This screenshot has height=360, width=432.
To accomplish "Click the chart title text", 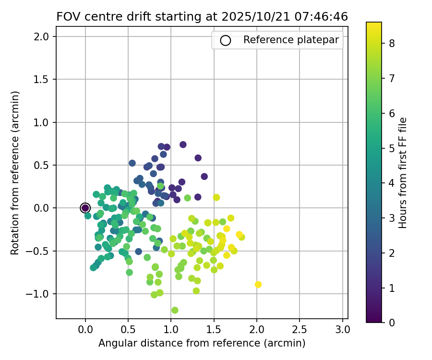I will [202, 17].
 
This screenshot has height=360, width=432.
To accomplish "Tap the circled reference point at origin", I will [85, 208].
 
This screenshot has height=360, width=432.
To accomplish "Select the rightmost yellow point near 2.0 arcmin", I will [258, 285].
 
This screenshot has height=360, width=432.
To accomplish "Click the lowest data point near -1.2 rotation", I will [175, 310].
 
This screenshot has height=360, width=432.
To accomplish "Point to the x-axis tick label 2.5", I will [300, 331].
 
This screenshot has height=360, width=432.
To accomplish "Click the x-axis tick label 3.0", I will [342, 331].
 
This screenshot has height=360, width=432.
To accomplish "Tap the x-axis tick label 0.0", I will [85, 331].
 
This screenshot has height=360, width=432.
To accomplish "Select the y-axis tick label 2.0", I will [45, 36].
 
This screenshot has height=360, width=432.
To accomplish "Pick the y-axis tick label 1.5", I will [45, 79].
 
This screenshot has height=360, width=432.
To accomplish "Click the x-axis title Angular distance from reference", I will [202, 344].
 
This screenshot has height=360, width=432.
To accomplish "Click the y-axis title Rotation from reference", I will [16, 173].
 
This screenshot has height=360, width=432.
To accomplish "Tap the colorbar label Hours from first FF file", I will [403, 173].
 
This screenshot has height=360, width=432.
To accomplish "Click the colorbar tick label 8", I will [392, 44].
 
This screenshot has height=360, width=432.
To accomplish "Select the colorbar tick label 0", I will [392, 323].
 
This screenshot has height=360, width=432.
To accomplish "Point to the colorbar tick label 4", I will [392, 183].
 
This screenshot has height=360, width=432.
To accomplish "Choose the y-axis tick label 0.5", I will [45, 165].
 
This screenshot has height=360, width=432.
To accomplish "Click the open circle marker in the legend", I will [226, 40].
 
